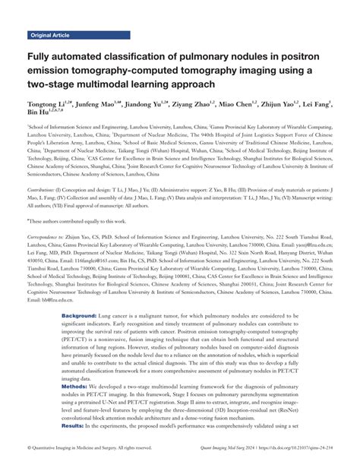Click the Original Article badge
49,35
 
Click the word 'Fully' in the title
44,55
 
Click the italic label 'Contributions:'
44,187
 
